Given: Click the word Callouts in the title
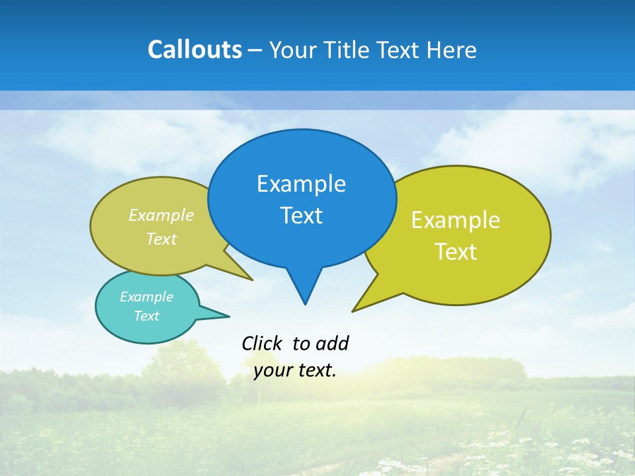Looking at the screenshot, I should tap(194, 50).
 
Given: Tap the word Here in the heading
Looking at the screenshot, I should tap(452, 50).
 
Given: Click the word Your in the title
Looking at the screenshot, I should tap(294, 50).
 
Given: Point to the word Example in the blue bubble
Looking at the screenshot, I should tap(301, 184).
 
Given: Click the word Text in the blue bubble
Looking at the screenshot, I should tap(301, 216).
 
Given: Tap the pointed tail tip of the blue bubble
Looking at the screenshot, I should tap(305, 304).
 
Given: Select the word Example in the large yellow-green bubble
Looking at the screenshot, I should tap(456, 220).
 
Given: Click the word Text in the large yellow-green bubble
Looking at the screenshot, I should tap(456, 252).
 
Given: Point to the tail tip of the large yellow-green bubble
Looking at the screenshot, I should tap(353, 311).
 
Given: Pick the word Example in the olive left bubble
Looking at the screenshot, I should tap(161, 216).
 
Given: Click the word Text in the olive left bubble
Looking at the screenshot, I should tap(161, 239).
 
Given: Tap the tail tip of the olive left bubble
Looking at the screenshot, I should tap(253, 280).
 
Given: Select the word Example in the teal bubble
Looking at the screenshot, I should tap(146, 297).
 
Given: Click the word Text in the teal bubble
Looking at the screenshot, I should tap(146, 316).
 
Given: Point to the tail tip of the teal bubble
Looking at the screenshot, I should tap(229, 316).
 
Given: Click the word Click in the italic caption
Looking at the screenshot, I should tap(261, 343).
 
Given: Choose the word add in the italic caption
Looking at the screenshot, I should tap(332, 343).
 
